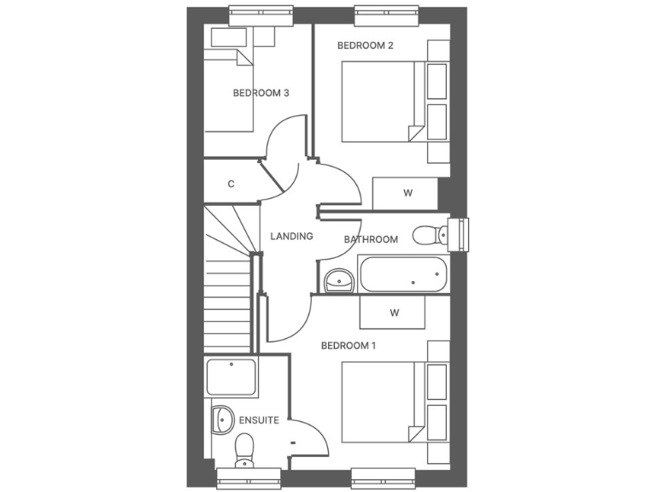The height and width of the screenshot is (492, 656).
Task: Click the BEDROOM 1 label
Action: (x=348, y=346)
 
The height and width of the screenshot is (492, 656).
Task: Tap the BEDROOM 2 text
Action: (x=365, y=45)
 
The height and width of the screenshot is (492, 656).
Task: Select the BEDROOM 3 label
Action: (x=261, y=93)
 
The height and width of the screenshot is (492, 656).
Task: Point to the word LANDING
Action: (x=291, y=237)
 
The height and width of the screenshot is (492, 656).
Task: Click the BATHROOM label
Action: (x=371, y=239)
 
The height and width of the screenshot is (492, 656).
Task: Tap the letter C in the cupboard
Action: (x=231, y=184)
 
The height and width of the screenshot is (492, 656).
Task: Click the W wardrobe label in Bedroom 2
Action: (x=407, y=193)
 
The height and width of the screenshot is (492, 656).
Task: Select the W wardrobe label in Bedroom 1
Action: (x=395, y=313)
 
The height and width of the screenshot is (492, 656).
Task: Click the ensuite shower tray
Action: (x=231, y=377)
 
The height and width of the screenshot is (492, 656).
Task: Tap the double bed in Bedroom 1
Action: (x=384, y=402)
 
